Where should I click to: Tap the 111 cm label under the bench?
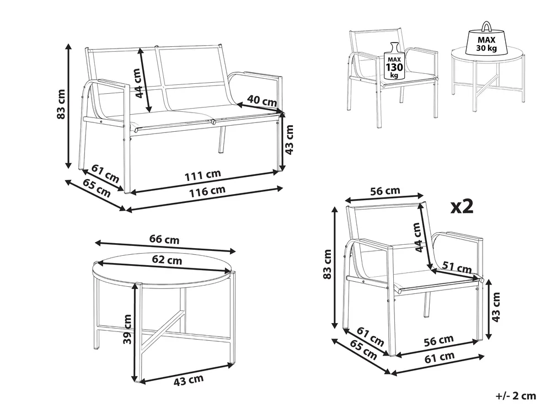coord(203,175)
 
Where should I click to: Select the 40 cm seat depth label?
coord(262,100)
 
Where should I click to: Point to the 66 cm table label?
coord(164,239)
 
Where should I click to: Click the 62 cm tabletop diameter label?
coord(167,260)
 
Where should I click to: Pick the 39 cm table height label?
coord(127,329)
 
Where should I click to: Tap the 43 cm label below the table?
coord(188,380)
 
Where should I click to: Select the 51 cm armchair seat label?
coord(457,267)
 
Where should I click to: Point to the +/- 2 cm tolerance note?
coord(516,396)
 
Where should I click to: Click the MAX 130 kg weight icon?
coord(394,61)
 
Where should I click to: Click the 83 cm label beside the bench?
coord(61,104)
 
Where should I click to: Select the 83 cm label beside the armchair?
coord(327,264)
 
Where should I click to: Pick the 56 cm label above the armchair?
coord(385,191)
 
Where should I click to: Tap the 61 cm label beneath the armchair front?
coord(440,357)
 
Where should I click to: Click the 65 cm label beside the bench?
coord(97,188)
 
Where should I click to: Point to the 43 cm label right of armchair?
coord(495,307)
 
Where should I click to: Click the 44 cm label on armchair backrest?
coord(418,238)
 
